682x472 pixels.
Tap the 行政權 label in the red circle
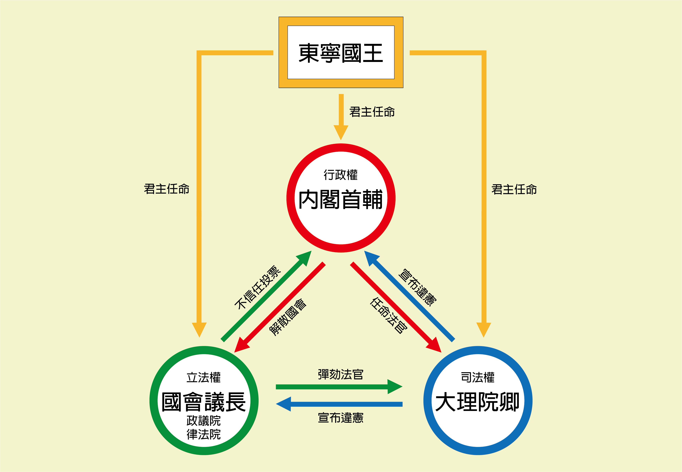341,175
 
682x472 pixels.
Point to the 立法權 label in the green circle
204,378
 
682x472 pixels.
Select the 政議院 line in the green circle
204,421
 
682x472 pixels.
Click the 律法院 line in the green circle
204,434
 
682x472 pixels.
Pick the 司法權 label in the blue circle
478,378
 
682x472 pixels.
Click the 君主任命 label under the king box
372,112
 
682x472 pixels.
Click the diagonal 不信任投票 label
257,287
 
